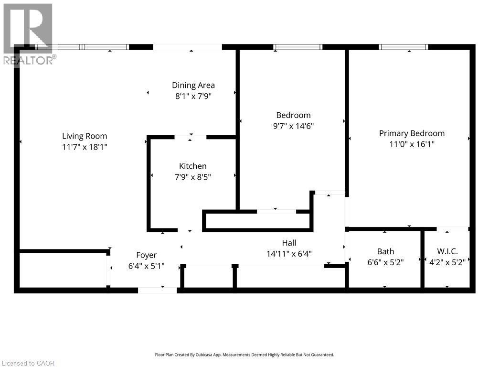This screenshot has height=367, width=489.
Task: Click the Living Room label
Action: (85, 136)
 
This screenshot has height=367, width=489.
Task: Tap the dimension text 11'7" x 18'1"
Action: (85, 147)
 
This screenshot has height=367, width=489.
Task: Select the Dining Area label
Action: (193, 85)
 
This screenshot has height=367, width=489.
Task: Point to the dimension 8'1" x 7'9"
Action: (193, 96)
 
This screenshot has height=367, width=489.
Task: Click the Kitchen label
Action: (192, 166)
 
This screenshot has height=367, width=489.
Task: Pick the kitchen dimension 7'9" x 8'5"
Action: (192, 177)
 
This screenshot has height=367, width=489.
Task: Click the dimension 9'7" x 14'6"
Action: (293, 126)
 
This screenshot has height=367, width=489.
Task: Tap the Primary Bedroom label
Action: (411, 133)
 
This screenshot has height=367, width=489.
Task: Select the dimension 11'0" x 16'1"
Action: (411, 144)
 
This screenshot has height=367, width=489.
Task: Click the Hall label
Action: (289, 243)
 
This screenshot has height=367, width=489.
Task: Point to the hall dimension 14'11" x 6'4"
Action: (289, 254)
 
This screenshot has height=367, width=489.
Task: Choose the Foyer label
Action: (146, 255)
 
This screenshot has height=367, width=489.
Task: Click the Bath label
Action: (385, 251)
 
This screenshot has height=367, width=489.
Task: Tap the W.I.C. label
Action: (447, 251)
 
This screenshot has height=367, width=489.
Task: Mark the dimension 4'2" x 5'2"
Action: (447, 262)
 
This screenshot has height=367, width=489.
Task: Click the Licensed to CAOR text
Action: (28, 363)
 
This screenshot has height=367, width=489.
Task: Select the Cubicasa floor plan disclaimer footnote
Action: (244, 355)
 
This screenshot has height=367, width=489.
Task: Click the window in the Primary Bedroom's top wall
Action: (403, 47)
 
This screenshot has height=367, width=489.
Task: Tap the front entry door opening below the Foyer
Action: (157, 290)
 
